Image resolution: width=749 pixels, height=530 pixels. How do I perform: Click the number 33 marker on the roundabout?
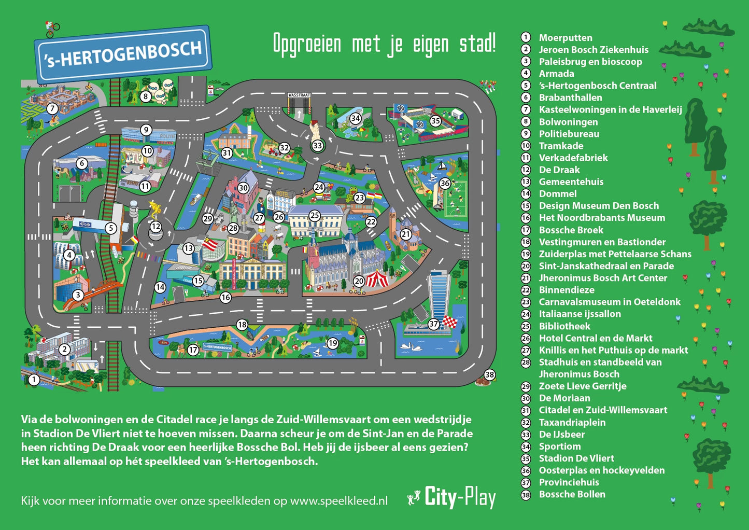click(x=317, y=146)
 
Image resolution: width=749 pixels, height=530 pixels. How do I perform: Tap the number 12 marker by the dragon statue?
click(x=156, y=227)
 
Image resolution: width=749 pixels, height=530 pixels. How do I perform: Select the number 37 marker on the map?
click(x=433, y=324)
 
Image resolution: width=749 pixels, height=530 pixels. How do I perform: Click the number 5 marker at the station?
click(x=110, y=228)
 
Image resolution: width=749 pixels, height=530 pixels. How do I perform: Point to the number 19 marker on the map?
click(x=332, y=343)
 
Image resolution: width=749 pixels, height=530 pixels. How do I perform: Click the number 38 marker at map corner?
click(x=489, y=374)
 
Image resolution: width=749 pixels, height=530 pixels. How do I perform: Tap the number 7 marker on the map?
click(x=52, y=109)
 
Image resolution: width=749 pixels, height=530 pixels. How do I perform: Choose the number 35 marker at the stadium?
click(x=435, y=121)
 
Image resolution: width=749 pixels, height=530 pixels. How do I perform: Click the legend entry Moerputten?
click(x=565, y=38)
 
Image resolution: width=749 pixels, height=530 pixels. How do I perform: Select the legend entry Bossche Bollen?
click(x=572, y=494)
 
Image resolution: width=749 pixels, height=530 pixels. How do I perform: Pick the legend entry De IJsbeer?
click(x=561, y=435)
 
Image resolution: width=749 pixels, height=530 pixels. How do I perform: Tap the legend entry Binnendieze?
click(x=567, y=290)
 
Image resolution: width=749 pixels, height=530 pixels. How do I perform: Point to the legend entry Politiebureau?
click(x=569, y=134)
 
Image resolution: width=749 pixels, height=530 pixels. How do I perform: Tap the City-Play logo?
click(x=452, y=497)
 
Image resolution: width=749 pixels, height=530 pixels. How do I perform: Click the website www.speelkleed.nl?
click(x=338, y=501)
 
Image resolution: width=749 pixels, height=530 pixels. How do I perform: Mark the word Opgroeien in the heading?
click(x=307, y=44)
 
